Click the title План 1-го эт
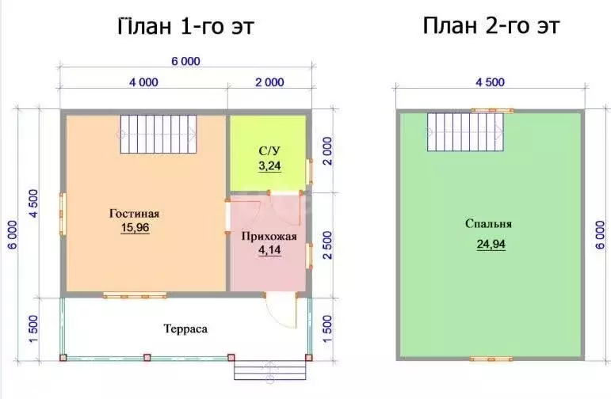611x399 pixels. click(x=185, y=26)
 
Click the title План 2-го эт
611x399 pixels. click(x=491, y=25)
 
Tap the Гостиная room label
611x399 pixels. click(x=135, y=214)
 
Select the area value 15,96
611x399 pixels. click(x=135, y=227)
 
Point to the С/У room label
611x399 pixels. click(x=269, y=151)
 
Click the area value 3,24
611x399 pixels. click(x=269, y=165)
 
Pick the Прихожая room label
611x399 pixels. click(x=269, y=237)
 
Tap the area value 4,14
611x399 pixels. click(x=269, y=250)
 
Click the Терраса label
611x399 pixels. click(x=185, y=329)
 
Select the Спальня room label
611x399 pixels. click(x=489, y=224)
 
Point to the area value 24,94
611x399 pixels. click(x=491, y=244)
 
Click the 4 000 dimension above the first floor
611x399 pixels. click(x=143, y=82)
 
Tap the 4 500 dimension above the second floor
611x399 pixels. click(x=491, y=82)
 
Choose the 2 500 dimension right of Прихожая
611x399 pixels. click(x=327, y=245)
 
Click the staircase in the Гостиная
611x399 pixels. click(x=158, y=134)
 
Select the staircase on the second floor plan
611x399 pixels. click(x=465, y=132)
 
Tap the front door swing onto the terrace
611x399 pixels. click(x=281, y=311)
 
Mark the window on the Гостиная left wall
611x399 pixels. click(x=63, y=214)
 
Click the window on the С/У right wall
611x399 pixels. click(x=309, y=172)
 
